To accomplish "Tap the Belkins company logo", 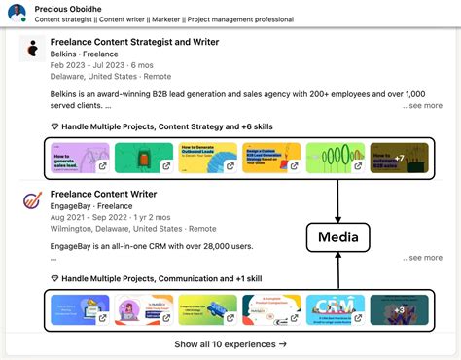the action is pos(32,50).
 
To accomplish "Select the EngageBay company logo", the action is pos(32,203).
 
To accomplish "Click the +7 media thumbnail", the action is pos(399,157).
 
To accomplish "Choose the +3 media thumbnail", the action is pos(399,309).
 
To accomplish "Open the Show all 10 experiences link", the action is pos(230,343).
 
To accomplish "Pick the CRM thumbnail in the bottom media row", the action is pos(336,309).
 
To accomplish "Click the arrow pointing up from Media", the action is pos(337,199).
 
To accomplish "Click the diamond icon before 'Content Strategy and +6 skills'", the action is pos(54,126).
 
